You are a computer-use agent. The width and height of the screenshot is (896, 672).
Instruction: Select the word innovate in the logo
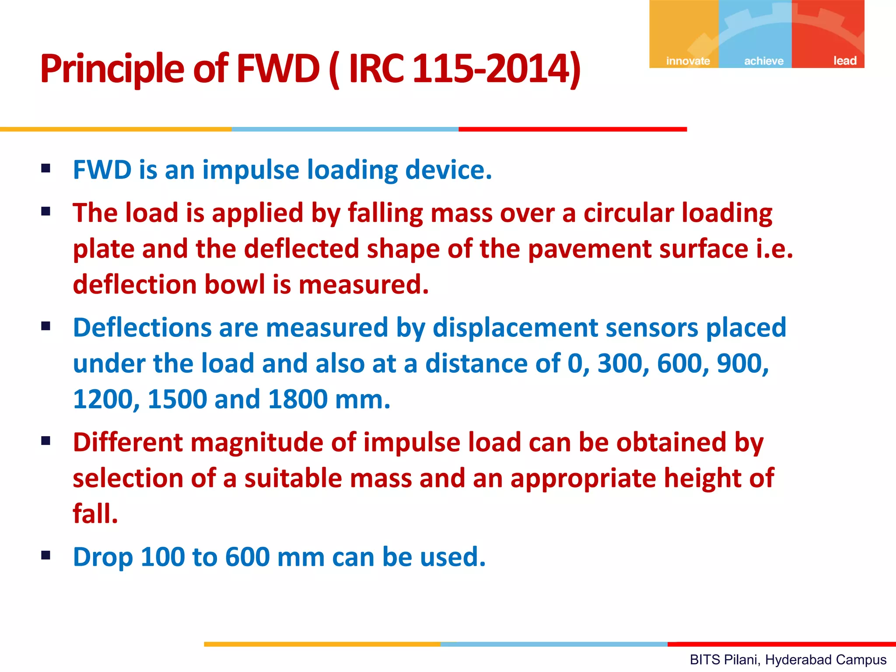(x=688, y=61)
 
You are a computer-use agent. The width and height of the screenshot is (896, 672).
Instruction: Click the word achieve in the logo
(x=764, y=61)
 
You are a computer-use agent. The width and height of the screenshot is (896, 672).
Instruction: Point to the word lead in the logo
(x=845, y=60)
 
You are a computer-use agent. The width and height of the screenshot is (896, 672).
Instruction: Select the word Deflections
(x=142, y=328)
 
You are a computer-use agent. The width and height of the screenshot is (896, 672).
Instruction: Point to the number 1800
(x=297, y=399)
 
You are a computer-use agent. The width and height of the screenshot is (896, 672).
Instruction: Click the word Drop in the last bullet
(x=103, y=557)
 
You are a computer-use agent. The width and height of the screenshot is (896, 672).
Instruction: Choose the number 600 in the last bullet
(x=247, y=557)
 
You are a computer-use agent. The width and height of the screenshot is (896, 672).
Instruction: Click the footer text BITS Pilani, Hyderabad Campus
(x=788, y=660)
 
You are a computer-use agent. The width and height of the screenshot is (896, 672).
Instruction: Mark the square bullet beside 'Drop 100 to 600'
(x=46, y=556)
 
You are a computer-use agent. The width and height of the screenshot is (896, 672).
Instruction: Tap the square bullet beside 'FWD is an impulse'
(x=46, y=168)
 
